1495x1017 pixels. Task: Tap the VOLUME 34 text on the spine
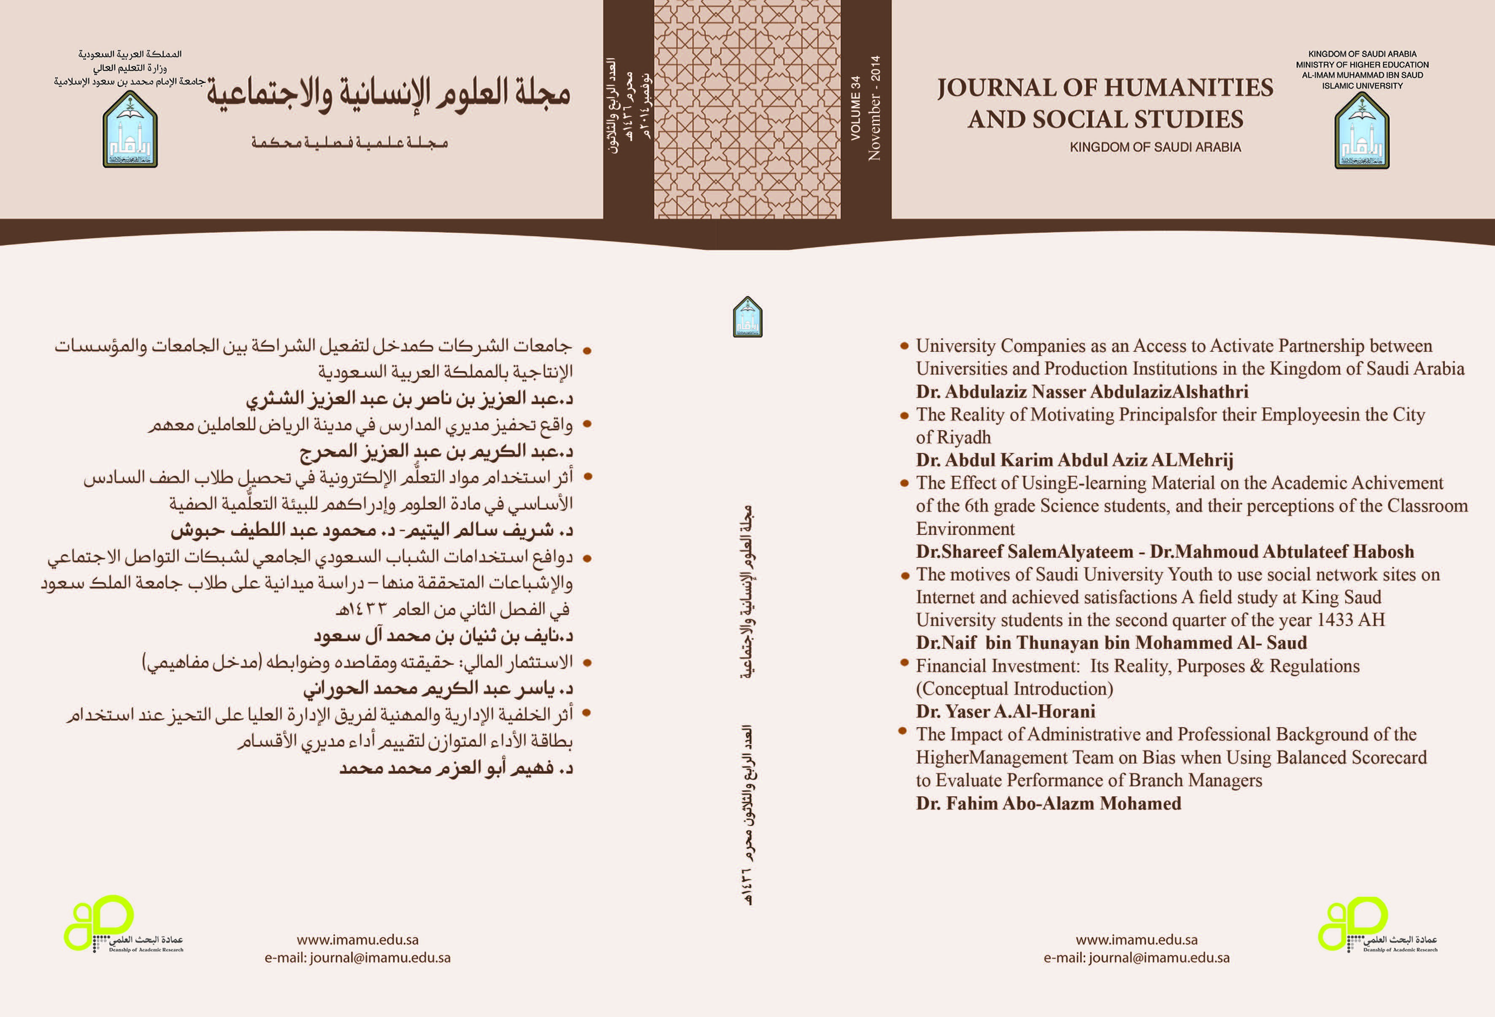tap(855, 108)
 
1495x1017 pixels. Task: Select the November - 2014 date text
tap(874, 108)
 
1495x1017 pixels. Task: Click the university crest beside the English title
tap(1362, 131)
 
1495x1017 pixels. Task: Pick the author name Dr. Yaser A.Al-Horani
tap(1006, 712)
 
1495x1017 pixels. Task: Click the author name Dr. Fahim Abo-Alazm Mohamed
tap(1049, 804)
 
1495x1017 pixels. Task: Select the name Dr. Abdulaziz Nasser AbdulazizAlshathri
tap(1082, 392)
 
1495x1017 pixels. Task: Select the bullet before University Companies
tap(904, 346)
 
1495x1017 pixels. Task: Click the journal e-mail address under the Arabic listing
tap(358, 958)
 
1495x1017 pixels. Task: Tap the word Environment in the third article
tap(965, 529)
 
